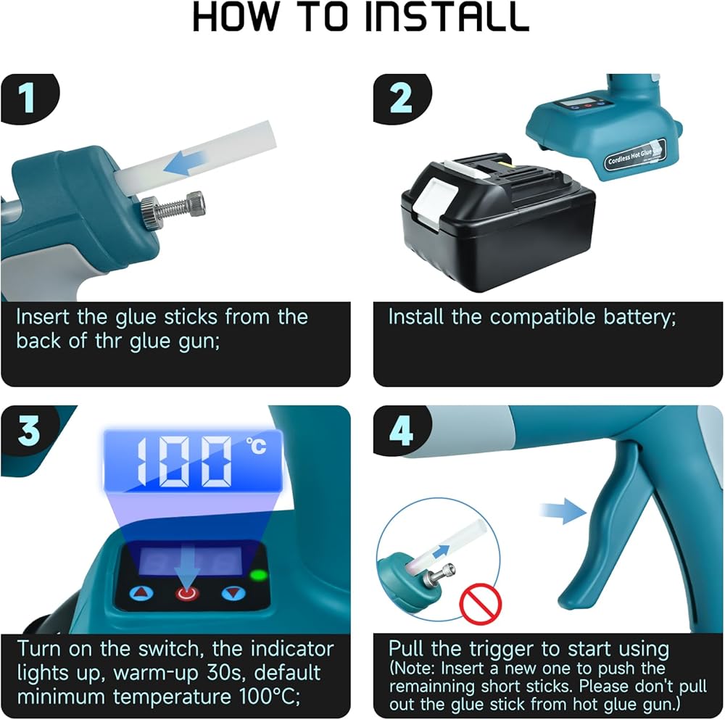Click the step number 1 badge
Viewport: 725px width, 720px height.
28,99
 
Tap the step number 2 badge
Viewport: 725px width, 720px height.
400,99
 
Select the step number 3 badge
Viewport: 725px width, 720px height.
29,430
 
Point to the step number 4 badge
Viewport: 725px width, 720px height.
401,430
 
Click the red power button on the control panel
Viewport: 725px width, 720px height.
187,593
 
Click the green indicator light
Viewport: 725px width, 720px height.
259,575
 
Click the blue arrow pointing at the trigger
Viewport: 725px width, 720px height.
563,511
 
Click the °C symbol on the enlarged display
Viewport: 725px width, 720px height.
256,446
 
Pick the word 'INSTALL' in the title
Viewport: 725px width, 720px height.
447,17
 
